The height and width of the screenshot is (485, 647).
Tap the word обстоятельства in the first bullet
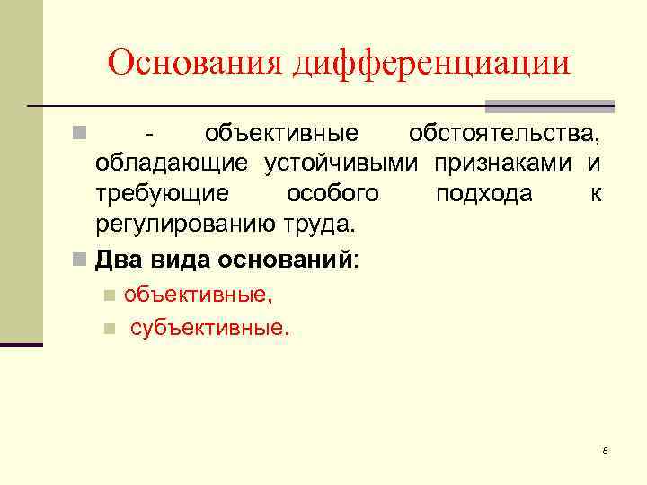(x=504, y=135)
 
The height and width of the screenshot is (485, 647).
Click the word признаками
(x=506, y=164)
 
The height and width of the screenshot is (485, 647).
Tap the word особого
(x=332, y=194)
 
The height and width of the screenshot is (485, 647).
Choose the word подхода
(x=483, y=194)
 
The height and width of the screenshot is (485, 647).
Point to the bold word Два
(x=115, y=260)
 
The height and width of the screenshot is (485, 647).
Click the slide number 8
(x=606, y=449)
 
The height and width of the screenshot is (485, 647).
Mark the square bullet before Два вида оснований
(x=81, y=261)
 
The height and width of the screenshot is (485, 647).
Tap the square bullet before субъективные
(x=109, y=329)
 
